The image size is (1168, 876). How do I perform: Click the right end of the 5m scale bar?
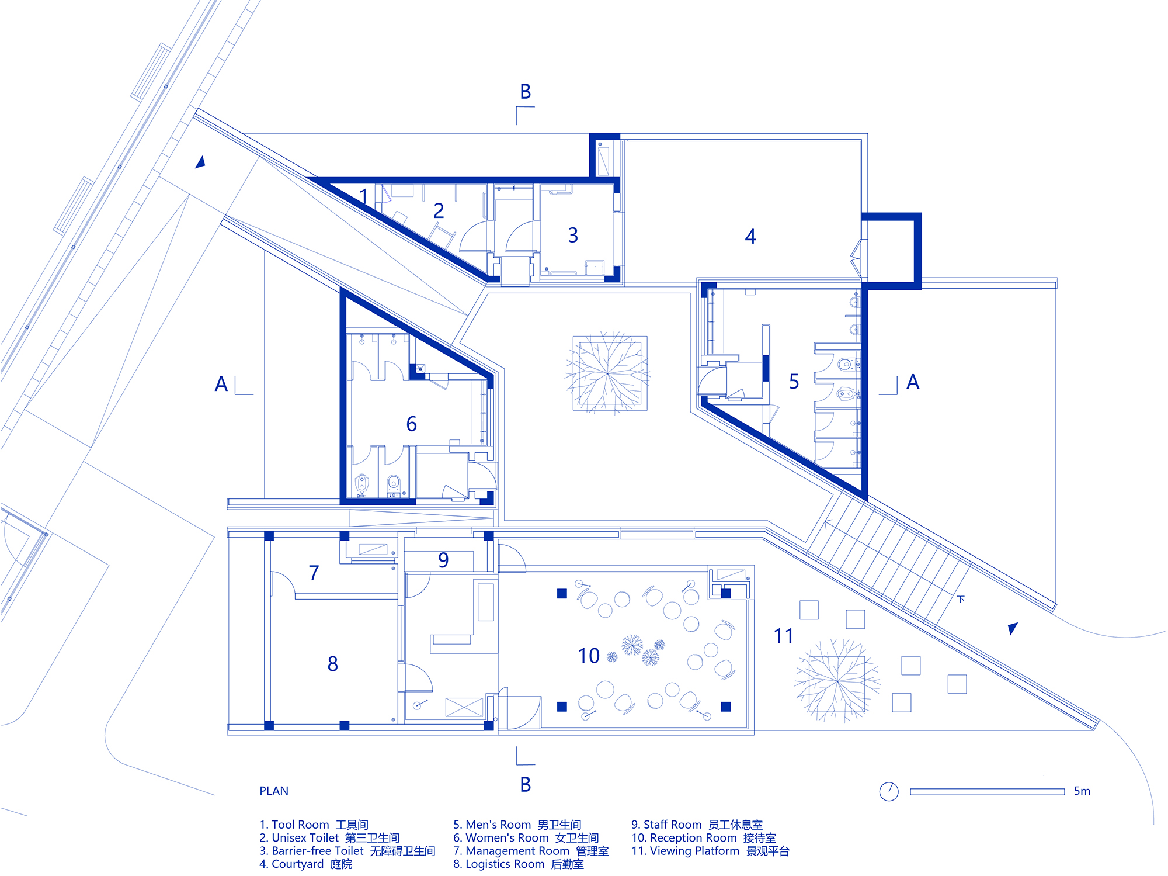tap(1065, 791)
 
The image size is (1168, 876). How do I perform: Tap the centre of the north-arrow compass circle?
tap(889, 791)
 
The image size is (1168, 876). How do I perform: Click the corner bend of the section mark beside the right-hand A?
tap(897, 394)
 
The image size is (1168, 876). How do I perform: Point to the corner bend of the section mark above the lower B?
tap(517, 764)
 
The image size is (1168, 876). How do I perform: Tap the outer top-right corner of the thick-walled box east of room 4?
tap(921, 213)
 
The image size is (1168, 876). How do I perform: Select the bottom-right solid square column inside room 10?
tap(726, 707)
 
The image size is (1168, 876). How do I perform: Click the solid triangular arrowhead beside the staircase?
tap(1013, 628)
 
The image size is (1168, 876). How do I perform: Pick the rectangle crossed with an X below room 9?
tap(464, 707)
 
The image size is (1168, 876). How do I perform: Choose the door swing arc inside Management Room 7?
tap(283, 584)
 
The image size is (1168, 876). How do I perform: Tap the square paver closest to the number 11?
tap(809, 610)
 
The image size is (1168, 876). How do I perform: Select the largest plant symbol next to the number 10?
tap(632, 645)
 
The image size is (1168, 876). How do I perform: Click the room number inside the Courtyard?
tap(750, 236)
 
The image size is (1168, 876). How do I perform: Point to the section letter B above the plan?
tap(526, 92)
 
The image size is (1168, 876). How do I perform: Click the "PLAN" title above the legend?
tap(274, 791)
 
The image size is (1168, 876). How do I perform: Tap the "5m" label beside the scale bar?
tap(1082, 791)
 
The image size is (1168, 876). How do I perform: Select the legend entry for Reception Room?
tap(704, 837)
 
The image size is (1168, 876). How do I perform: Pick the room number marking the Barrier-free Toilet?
tap(573, 235)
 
